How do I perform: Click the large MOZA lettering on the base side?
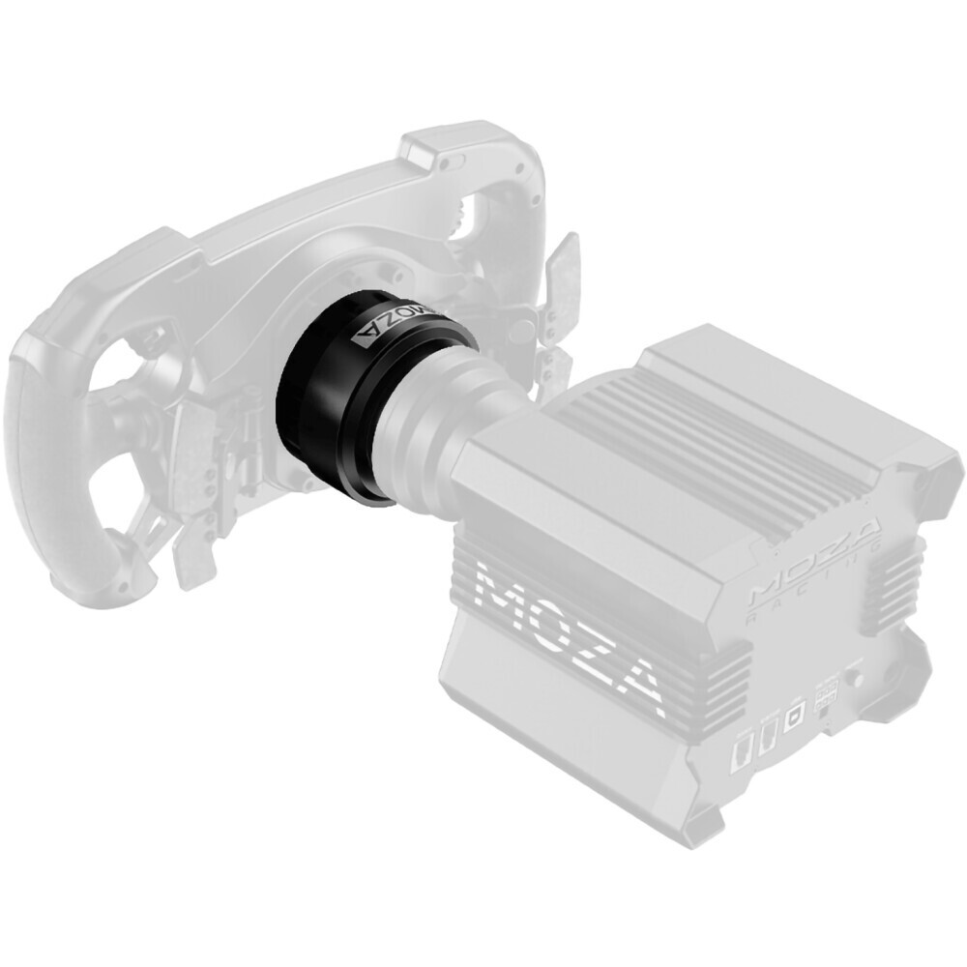[571, 629]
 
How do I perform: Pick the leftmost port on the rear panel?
[744, 750]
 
